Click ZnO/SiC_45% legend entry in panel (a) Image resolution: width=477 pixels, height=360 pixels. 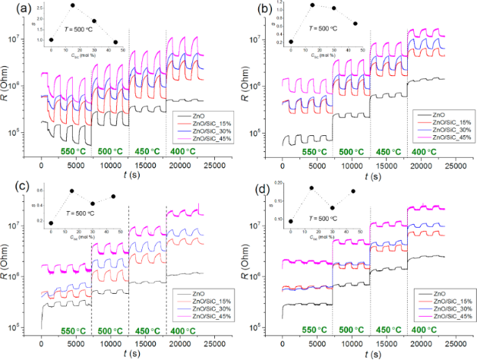pyautogui.click(x=200, y=140)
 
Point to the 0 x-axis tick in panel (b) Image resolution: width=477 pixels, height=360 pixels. pyautogui.click(x=283, y=164)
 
